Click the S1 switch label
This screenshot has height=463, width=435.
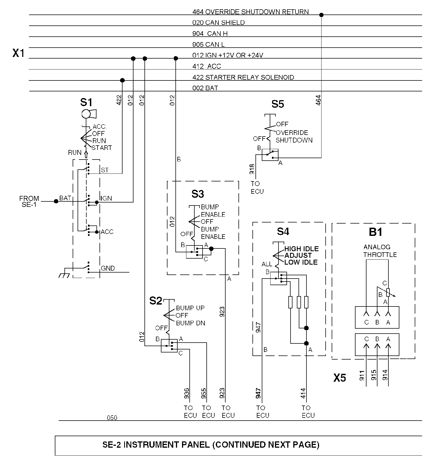(86, 103)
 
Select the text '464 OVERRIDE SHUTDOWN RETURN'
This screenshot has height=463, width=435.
(251, 12)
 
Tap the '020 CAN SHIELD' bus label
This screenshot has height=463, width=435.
(218, 23)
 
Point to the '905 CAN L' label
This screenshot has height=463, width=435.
(209, 45)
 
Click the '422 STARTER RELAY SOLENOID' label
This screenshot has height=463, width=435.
(243, 77)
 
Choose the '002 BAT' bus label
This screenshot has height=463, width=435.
(205, 88)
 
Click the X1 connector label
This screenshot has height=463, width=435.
(19, 53)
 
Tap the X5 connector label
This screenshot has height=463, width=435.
(340, 378)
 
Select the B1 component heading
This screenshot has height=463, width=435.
(376, 232)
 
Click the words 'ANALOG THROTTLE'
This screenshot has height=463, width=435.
(380, 251)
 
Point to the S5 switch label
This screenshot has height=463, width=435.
(278, 104)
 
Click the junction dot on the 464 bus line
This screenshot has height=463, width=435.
(322, 15)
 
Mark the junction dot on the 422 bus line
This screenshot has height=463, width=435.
(123, 80)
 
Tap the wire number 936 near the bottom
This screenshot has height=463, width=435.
(186, 393)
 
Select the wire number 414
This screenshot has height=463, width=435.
(303, 393)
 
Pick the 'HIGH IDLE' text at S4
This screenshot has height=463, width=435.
(302, 249)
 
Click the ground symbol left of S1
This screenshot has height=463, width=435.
(65, 274)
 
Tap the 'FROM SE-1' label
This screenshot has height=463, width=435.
(29, 201)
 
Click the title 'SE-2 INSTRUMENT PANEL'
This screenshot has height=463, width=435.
(156, 445)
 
